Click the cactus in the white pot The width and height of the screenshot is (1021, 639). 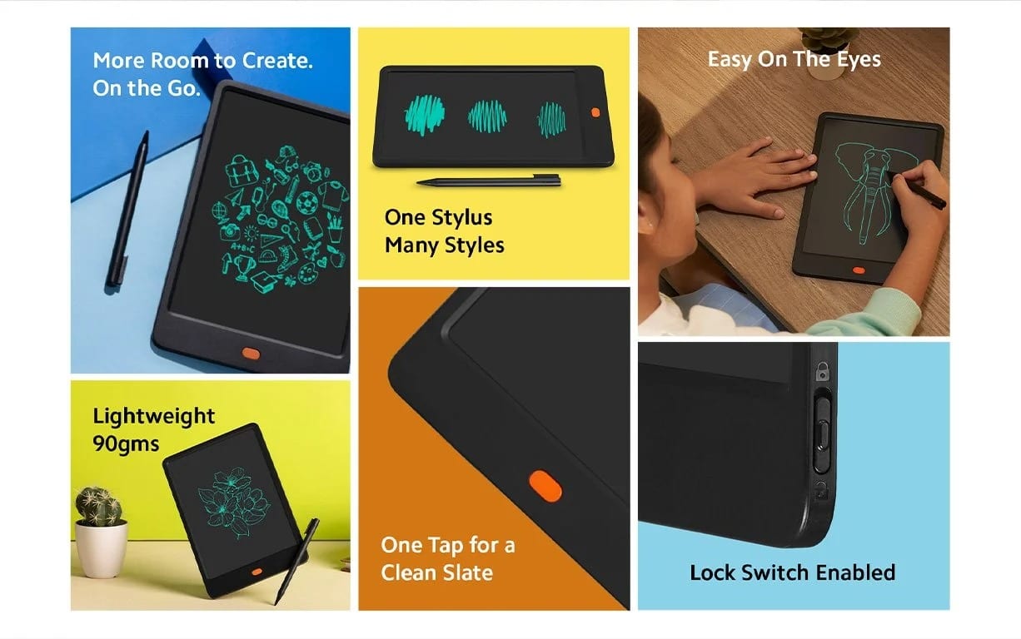coord(99,507)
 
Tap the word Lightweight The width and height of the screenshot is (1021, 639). coord(153,416)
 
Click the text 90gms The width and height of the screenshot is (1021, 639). coord(126,443)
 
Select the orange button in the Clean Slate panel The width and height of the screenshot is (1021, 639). coord(545,486)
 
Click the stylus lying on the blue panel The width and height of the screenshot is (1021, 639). coord(128,208)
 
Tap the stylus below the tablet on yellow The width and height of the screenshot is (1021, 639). coord(489,180)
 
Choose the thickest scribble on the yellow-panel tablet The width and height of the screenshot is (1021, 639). coord(425,114)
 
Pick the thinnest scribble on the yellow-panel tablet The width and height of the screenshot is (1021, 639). coord(552,119)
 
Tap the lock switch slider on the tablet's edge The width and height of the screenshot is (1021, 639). coord(821,422)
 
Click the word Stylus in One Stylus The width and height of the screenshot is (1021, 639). coord(462,218)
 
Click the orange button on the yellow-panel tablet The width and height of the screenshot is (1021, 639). coord(595,112)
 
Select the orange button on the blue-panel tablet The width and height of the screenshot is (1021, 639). coord(250,353)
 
